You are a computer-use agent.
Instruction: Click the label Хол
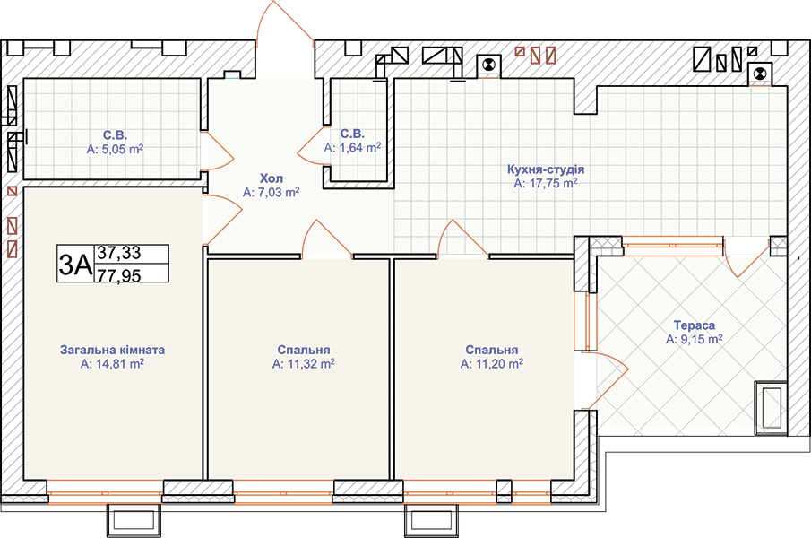pyautogui.click(x=271, y=178)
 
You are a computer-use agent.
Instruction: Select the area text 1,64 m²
pyautogui.click(x=358, y=148)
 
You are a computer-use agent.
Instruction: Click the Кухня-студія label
pyautogui.click(x=546, y=169)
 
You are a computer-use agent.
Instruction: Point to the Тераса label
pyautogui.click(x=695, y=325)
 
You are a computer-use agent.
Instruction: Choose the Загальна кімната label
pyautogui.click(x=112, y=350)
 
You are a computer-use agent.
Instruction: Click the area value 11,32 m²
pyautogui.click(x=309, y=364)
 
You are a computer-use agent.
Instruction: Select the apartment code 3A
pyautogui.click(x=75, y=265)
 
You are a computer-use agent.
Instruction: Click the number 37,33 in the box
pyautogui.click(x=119, y=253)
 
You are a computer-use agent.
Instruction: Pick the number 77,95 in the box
pyautogui.click(x=119, y=275)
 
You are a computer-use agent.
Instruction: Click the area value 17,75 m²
pyautogui.click(x=552, y=183)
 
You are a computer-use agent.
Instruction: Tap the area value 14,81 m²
pyautogui.click(x=119, y=364)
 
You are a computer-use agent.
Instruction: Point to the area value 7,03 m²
pyautogui.click(x=278, y=193)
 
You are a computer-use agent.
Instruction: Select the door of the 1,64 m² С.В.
pyautogui.click(x=311, y=147)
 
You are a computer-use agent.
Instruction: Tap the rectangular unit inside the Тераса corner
pyautogui.click(x=771, y=408)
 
